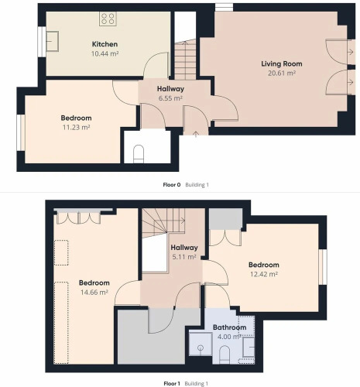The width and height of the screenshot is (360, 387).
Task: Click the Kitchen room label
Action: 105,44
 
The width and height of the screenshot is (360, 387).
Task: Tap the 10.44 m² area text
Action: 105,53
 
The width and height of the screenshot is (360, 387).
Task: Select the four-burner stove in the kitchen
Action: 108,19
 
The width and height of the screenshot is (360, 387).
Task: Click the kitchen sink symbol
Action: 52,41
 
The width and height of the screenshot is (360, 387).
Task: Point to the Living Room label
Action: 282,63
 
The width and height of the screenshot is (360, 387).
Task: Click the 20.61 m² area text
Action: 282,73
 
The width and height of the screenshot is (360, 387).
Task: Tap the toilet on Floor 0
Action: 139,154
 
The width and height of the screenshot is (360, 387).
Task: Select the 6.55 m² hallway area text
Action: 170,98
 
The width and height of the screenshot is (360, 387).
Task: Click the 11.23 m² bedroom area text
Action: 76,127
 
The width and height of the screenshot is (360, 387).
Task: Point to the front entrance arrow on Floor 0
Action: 196,134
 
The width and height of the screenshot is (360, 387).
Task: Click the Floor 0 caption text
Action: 172,185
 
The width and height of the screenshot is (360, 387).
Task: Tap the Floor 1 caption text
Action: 172,384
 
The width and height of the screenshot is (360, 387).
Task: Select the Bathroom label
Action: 229,327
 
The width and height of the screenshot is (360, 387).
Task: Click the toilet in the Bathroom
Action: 225,354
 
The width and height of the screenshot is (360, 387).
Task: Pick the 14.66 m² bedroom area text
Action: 94,293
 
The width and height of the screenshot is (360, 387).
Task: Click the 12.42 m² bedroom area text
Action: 264,274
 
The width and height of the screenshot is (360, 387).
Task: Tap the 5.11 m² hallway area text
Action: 184,257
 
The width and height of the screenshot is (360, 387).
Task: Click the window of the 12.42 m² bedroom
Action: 323,267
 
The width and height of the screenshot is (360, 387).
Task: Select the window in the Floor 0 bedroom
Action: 21,132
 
